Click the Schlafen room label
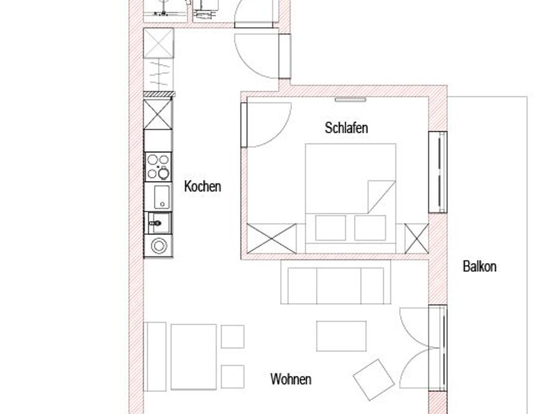[347, 128]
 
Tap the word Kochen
[203, 186]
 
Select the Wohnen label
[291, 379]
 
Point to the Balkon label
[479, 266]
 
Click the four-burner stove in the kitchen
[158, 167]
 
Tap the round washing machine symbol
[159, 245]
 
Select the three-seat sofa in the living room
[336, 282]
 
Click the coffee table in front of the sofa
[341, 336]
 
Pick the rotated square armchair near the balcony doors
[374, 379]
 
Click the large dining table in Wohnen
[194, 357]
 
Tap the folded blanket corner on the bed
[381, 197]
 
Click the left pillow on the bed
[330, 228]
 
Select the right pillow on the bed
[370, 228]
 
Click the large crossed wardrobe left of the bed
[272, 238]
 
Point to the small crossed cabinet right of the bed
[417, 238]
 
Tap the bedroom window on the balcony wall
[438, 172]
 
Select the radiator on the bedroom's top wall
[350, 100]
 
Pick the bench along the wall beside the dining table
[155, 356]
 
